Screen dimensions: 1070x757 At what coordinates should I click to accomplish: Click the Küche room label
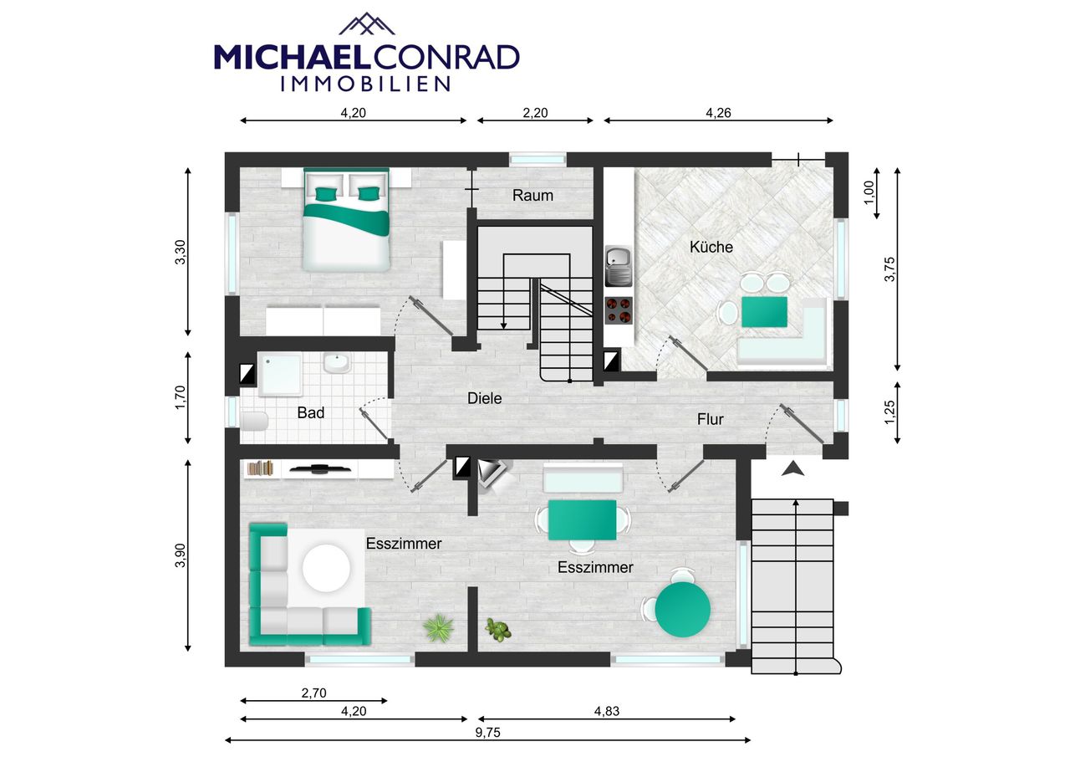(x=711, y=247)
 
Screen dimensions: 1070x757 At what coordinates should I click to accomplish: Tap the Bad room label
(x=310, y=412)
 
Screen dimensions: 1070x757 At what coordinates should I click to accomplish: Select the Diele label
(x=484, y=398)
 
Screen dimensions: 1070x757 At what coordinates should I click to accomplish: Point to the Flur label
(x=710, y=419)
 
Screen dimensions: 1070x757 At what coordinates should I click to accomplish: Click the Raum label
(x=532, y=195)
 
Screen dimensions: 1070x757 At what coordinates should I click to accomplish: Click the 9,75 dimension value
(x=487, y=733)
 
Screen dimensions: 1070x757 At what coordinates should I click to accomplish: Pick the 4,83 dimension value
(x=607, y=711)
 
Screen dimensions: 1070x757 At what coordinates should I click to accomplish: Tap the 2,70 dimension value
(x=313, y=693)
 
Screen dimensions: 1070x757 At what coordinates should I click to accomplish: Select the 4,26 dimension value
(x=718, y=113)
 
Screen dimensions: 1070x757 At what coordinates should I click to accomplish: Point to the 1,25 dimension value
(x=889, y=412)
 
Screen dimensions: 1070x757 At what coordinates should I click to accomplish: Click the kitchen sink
(x=619, y=266)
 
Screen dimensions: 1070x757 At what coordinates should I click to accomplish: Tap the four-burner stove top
(x=619, y=310)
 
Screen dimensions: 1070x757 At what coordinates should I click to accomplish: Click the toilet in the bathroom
(x=255, y=421)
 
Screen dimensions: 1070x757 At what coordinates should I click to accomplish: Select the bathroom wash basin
(x=337, y=364)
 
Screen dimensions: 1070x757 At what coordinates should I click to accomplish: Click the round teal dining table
(x=683, y=609)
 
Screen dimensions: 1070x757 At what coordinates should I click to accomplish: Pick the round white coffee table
(x=326, y=569)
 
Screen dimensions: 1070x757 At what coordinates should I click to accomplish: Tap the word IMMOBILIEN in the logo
(x=365, y=84)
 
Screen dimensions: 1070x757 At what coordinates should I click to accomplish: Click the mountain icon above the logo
(x=367, y=24)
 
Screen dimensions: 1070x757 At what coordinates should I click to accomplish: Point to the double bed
(x=347, y=220)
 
